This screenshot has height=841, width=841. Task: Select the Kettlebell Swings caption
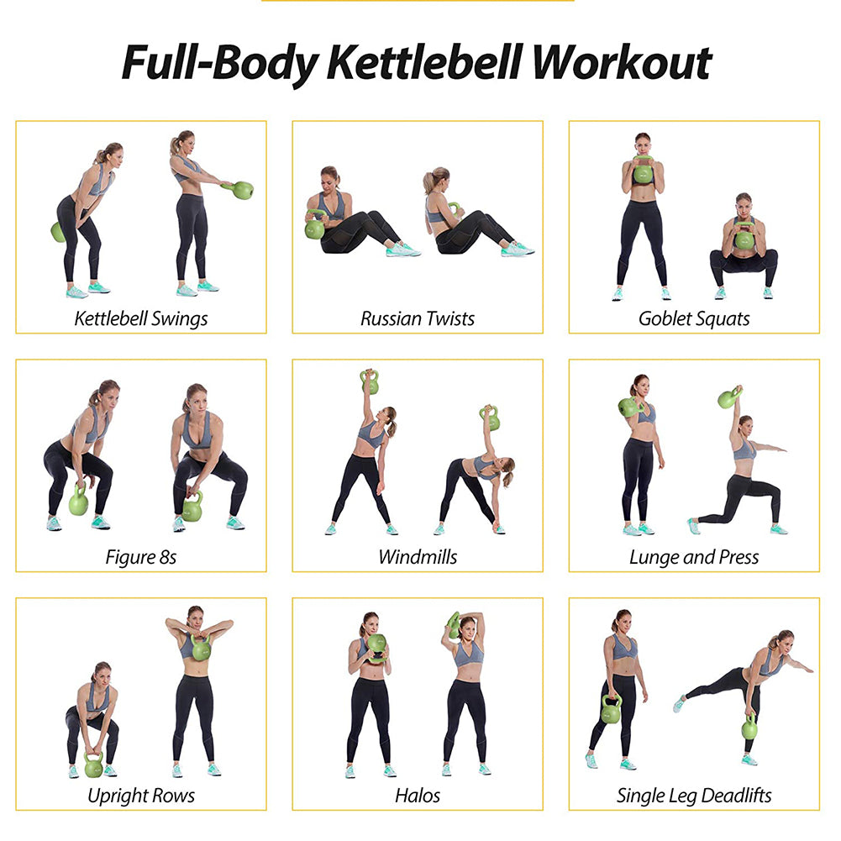click(141, 318)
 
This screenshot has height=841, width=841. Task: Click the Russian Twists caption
click(418, 318)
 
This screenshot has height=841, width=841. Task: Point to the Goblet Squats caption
click(694, 318)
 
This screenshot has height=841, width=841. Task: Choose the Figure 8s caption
click(141, 556)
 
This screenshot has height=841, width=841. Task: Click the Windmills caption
click(418, 556)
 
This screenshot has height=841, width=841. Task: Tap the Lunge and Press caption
click(694, 556)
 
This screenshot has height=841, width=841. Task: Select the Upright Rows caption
click(141, 795)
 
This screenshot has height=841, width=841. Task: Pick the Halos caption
click(418, 795)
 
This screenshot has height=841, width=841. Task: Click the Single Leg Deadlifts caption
click(694, 795)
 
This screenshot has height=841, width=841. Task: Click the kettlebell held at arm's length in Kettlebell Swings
click(242, 190)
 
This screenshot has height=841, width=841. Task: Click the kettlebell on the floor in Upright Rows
click(93, 766)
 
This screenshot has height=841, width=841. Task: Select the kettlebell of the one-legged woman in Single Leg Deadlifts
click(749, 727)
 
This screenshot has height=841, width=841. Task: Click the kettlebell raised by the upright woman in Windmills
click(370, 382)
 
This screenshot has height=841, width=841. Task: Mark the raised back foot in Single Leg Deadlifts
click(679, 704)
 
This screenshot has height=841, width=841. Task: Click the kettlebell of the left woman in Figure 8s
click(78, 502)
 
